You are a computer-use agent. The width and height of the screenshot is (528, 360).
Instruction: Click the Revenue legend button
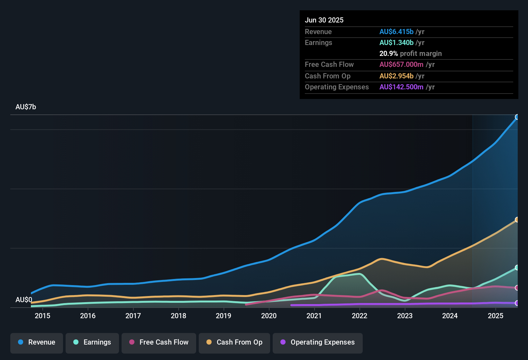click(37, 342)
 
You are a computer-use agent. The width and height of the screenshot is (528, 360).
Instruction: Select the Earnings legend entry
click(92, 342)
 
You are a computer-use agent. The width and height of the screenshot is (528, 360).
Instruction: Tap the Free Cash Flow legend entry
click(159, 342)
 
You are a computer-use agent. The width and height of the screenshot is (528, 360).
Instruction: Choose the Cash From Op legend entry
click(234, 342)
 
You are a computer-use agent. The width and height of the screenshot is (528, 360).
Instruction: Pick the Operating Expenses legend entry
click(318, 342)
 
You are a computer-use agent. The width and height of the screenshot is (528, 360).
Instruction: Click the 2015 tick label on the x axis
click(42, 316)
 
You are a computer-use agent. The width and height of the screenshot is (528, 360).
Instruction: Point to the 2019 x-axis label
click(223, 316)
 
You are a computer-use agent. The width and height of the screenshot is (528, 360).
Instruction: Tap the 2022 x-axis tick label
click(360, 316)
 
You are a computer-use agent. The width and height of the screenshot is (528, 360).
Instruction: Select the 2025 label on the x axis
click(496, 316)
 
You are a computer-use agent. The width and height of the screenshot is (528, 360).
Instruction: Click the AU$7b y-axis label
click(26, 107)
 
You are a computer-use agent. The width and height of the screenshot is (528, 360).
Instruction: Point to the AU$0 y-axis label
click(24, 300)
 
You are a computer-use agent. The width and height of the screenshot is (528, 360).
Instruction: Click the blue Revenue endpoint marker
click(517, 117)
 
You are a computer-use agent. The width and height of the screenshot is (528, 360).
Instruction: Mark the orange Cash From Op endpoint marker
click(517, 220)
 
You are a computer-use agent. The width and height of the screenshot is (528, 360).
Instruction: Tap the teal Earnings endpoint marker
click(517, 267)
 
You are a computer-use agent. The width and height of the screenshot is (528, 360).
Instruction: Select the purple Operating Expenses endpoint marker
click(517, 303)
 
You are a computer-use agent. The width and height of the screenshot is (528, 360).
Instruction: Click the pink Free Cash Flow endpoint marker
click(517, 288)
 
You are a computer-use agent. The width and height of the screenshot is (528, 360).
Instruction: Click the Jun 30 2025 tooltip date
click(324, 20)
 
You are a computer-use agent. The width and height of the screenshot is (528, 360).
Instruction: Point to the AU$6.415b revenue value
click(396, 32)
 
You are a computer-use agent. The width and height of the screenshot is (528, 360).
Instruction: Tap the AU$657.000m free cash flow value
click(401, 65)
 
